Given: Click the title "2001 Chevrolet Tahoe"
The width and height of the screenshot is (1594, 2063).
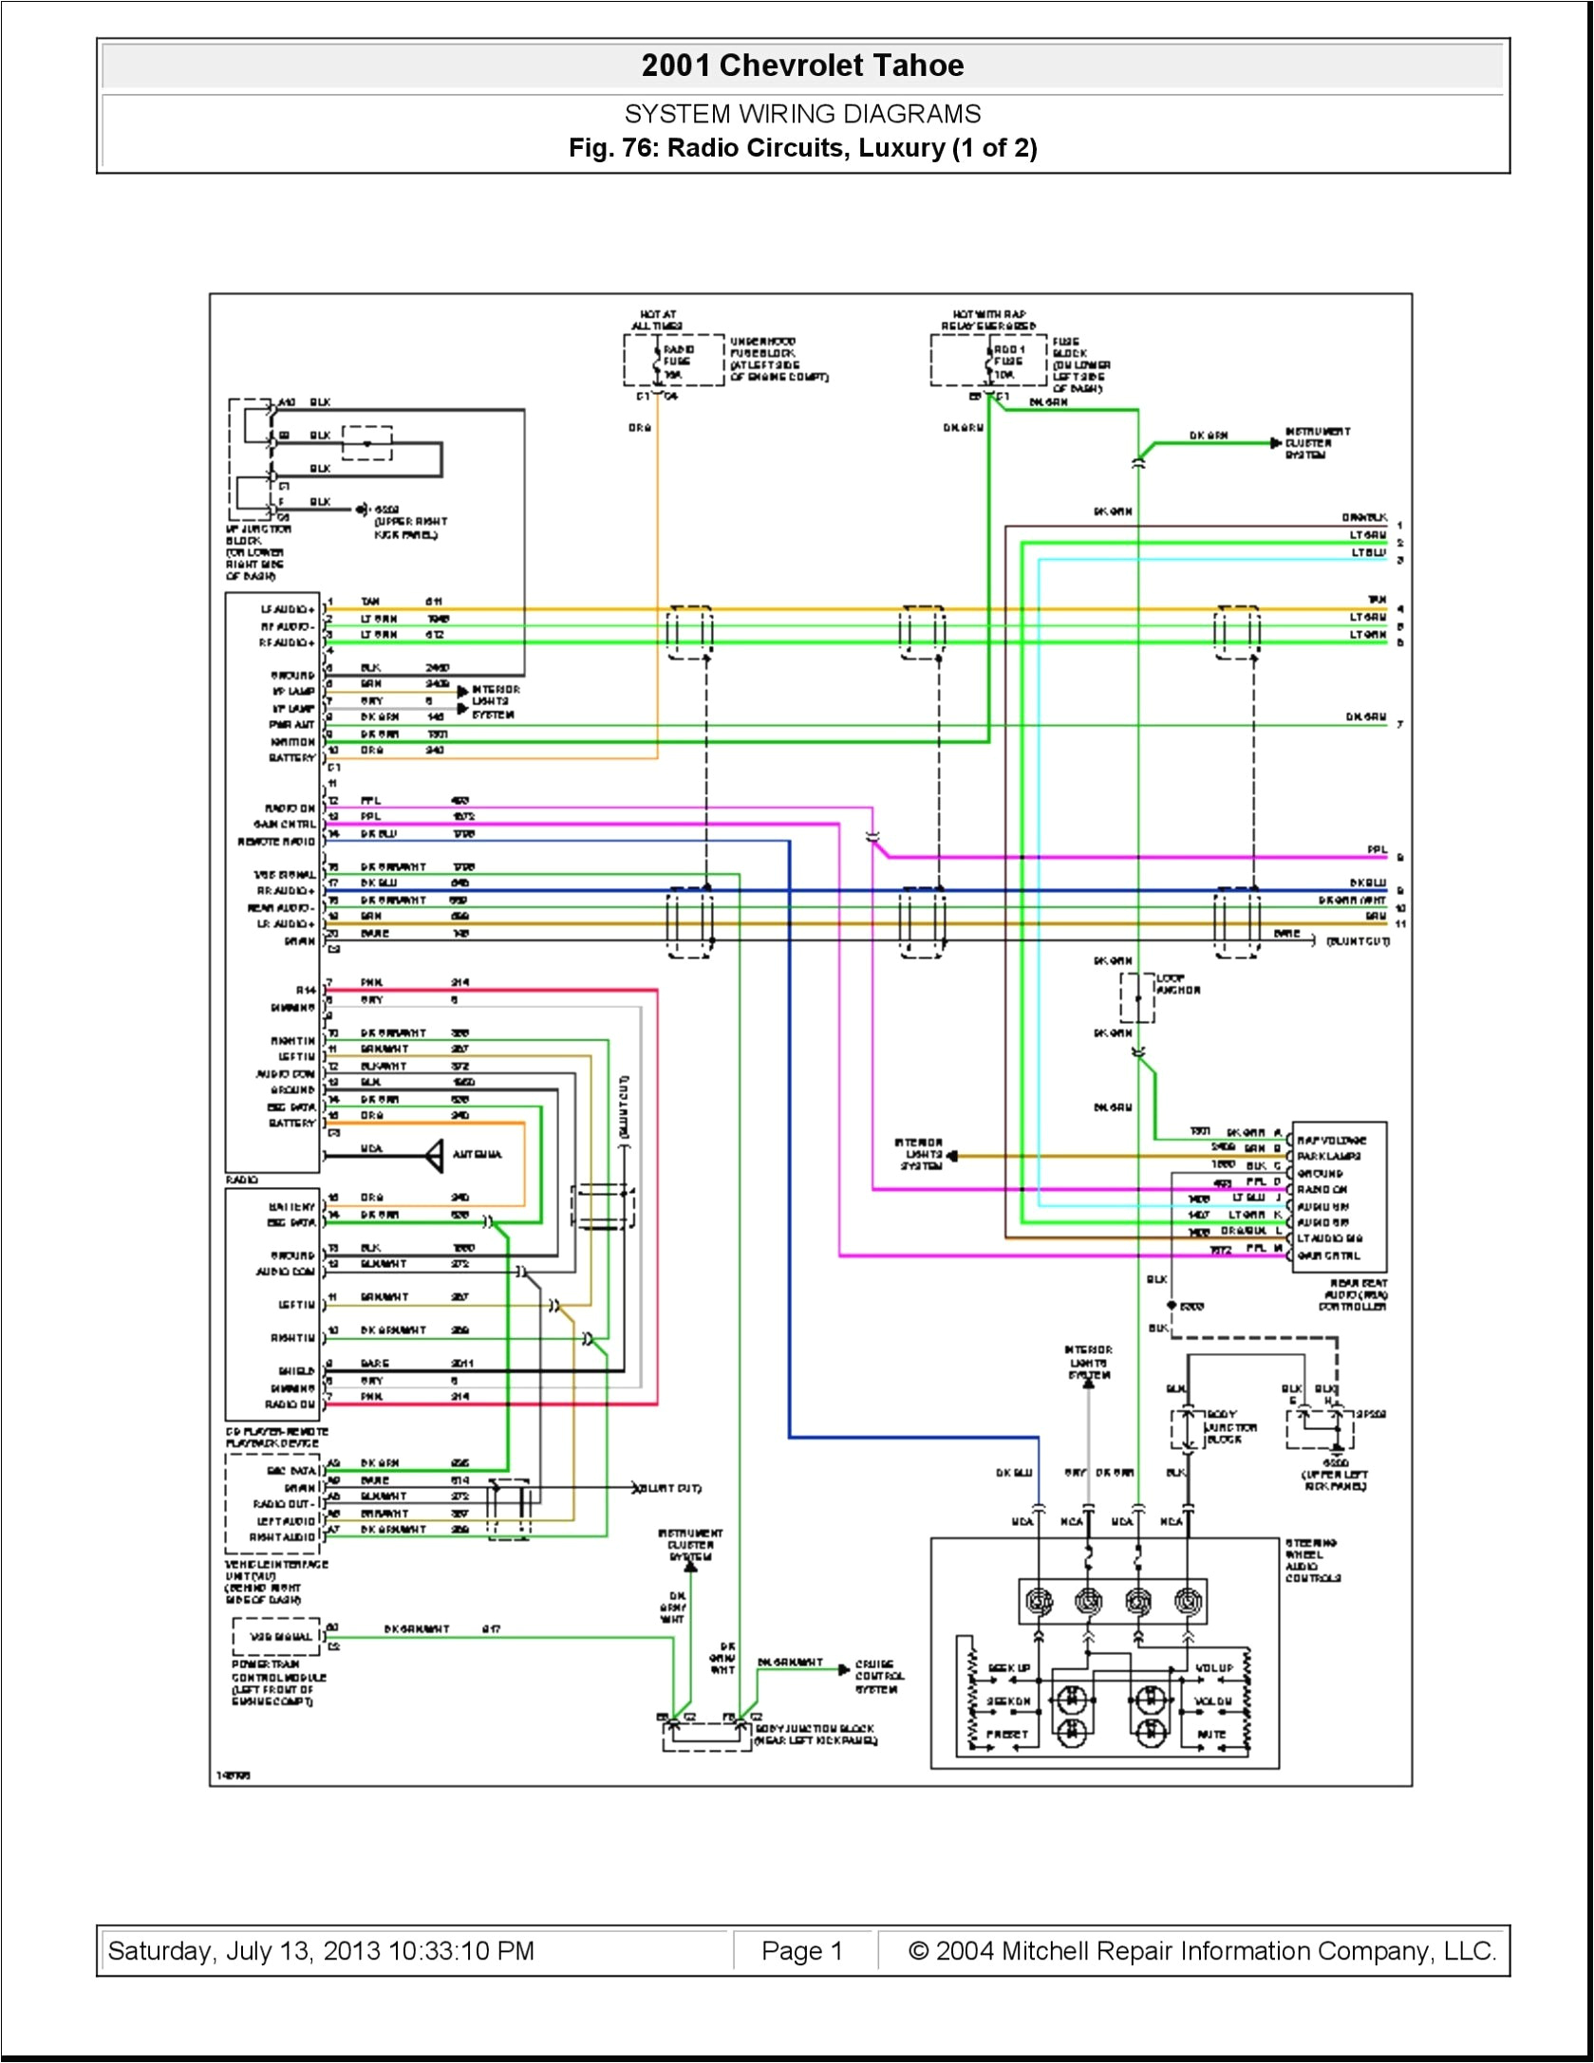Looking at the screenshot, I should click(x=802, y=65).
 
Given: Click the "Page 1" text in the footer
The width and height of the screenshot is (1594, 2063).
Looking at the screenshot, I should click(x=801, y=1951).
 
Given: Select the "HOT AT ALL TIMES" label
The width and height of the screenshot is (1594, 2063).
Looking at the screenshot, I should click(x=657, y=320).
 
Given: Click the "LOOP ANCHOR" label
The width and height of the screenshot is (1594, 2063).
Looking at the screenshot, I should click(x=1177, y=983).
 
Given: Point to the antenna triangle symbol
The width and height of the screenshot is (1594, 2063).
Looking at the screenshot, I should click(x=434, y=1155).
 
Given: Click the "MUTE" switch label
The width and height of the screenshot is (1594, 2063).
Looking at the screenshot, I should click(x=1211, y=1734).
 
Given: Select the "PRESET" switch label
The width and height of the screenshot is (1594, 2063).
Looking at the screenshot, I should click(x=1006, y=1734).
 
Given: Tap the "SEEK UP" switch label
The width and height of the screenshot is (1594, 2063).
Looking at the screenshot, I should click(x=1008, y=1667).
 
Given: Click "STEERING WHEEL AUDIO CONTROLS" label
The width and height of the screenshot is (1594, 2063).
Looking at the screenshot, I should click(x=1313, y=1560).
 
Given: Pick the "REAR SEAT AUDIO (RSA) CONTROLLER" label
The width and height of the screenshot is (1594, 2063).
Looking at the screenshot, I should click(x=1354, y=1294).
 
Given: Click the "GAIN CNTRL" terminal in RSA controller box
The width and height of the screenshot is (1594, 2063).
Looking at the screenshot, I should click(x=1329, y=1255).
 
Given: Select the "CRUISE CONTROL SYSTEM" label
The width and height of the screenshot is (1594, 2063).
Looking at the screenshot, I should click(x=879, y=1676).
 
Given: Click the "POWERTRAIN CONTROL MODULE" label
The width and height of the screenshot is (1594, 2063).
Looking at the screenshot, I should click(x=278, y=1682).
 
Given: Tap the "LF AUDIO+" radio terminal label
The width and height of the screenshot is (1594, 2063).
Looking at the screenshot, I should click(x=288, y=609).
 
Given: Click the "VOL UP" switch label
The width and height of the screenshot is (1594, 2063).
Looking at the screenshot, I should click(x=1213, y=1667).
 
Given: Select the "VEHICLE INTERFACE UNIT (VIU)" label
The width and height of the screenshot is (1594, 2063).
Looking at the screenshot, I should click(x=275, y=1581).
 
